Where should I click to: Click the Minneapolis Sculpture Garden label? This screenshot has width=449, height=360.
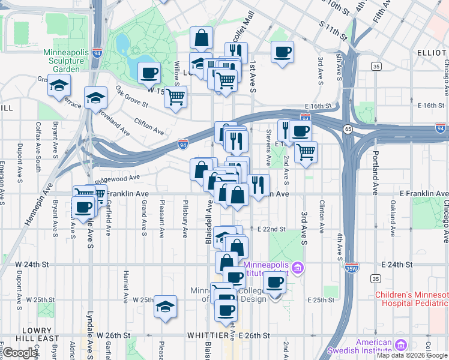click(x=66, y=61)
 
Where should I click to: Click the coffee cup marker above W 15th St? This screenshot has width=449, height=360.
click(x=149, y=73)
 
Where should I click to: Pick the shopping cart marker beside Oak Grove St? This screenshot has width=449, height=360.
click(x=175, y=97)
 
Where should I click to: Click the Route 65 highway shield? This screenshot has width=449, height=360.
click(x=348, y=129)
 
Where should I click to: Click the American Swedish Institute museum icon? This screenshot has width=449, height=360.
click(x=400, y=345)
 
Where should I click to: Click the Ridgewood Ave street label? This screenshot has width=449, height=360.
click(x=121, y=178)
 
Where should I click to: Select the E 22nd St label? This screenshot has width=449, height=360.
click(x=271, y=229)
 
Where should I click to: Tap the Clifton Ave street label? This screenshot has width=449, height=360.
click(x=149, y=126)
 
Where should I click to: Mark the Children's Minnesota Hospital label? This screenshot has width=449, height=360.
click(x=412, y=299)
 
